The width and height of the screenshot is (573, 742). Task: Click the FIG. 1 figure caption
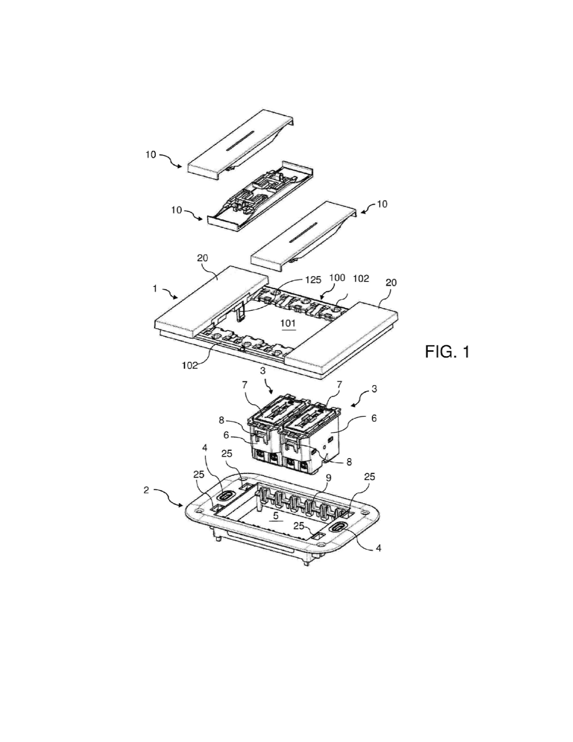(x=447, y=352)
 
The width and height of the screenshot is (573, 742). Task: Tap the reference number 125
(x=313, y=279)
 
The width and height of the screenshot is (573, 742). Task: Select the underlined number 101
(x=288, y=323)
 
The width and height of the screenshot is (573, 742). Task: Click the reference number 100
(x=337, y=278)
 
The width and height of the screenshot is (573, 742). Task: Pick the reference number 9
(x=328, y=478)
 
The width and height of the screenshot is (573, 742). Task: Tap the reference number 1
(x=155, y=289)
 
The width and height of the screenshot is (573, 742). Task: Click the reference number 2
(x=146, y=490)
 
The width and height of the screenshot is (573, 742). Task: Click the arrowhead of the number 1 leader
(x=176, y=297)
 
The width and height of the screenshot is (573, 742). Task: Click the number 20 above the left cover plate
(x=202, y=258)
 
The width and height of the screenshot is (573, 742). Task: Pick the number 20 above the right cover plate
(x=391, y=283)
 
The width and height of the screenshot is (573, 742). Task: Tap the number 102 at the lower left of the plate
(x=190, y=365)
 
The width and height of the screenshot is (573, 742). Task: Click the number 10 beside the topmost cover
(x=150, y=155)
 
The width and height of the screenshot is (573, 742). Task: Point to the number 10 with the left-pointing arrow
(x=382, y=204)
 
